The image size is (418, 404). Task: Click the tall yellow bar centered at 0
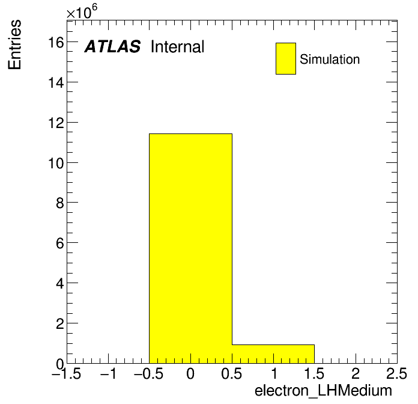190,248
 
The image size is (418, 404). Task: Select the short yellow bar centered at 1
273,354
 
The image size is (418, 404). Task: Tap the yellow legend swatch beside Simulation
286,58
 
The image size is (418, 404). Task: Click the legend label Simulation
330,59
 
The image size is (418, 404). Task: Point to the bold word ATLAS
112,46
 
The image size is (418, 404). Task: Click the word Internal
178,46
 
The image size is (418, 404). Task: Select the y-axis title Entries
14,44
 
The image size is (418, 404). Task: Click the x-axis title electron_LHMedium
323,391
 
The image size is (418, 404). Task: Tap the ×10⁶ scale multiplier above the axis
82,11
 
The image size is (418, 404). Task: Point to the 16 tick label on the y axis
56,42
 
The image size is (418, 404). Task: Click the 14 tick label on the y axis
56,82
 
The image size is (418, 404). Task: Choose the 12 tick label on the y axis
56,123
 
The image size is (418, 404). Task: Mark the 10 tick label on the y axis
56,163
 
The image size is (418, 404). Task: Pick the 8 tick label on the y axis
60,203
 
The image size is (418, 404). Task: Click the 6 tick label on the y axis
60,243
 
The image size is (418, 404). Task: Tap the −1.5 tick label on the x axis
67,373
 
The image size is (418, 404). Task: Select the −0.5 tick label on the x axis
149,373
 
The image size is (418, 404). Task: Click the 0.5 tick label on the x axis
232,373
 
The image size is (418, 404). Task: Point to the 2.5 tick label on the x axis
396,373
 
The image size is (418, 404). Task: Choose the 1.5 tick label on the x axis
314,373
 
